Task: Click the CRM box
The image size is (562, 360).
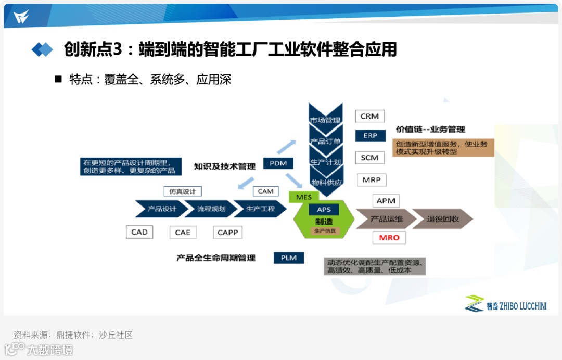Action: (x=369, y=116)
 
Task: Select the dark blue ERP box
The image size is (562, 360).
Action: (x=370, y=135)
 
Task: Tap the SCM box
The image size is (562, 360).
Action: (x=369, y=158)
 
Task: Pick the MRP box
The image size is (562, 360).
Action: (x=372, y=180)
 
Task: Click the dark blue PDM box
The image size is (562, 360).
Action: (x=278, y=163)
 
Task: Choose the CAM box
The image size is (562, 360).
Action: (x=265, y=191)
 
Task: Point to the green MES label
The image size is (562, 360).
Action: (x=304, y=197)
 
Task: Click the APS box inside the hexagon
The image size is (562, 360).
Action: (x=324, y=210)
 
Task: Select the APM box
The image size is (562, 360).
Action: (x=386, y=201)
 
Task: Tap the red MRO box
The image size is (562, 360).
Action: (x=389, y=238)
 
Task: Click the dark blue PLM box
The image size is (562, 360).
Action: (x=289, y=258)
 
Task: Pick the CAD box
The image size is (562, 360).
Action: (x=139, y=232)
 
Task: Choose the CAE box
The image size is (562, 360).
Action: (x=183, y=233)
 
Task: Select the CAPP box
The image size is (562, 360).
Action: (x=227, y=233)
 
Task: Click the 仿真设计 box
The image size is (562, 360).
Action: (x=183, y=191)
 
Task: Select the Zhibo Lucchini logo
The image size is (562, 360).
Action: (x=506, y=305)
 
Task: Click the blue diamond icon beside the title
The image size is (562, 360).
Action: (x=42, y=49)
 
